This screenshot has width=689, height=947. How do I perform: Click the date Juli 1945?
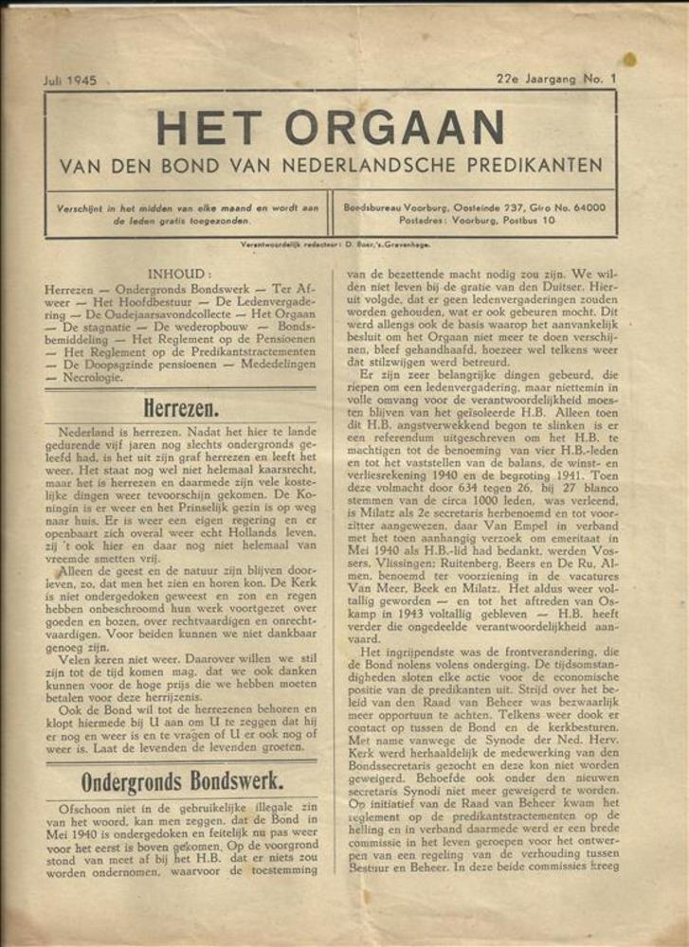pyautogui.click(x=69, y=80)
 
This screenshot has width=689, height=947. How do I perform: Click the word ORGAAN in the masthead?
pyautogui.click(x=394, y=129)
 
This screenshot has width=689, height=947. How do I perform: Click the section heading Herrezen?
pyautogui.click(x=181, y=408)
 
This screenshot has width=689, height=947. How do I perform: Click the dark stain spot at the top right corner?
pyautogui.click(x=629, y=60)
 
